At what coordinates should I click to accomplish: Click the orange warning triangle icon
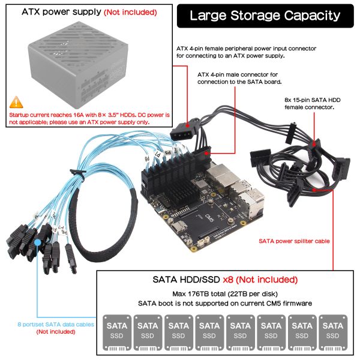tap(16, 103)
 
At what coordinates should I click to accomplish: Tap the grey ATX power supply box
tap(78, 64)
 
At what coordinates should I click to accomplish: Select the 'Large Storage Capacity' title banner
tap(265, 16)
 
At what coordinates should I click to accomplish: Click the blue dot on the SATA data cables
tap(37, 242)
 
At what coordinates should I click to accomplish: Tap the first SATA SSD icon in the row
tap(117, 332)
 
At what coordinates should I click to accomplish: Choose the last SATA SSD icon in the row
tap(333, 332)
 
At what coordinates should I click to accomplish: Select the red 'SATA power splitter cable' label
tap(294, 241)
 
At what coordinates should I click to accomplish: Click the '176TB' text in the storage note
tap(197, 294)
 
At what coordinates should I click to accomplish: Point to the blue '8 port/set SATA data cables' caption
tap(56, 325)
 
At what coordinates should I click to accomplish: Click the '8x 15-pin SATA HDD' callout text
tap(313, 100)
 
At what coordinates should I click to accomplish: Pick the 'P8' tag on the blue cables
tap(147, 158)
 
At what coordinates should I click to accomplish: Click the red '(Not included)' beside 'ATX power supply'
tap(130, 12)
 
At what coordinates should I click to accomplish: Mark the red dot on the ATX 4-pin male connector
tap(206, 153)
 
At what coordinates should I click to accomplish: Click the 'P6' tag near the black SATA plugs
tap(65, 232)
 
